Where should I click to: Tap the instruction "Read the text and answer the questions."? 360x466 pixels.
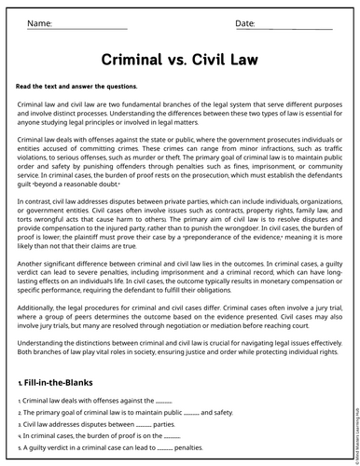pyautogui.click(x=76, y=86)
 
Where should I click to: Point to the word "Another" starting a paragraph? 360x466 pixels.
pyautogui.click(x=33, y=252)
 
